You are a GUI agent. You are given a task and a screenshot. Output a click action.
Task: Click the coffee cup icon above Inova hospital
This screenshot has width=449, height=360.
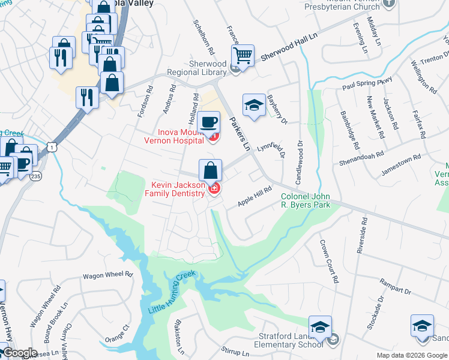tap(209, 122)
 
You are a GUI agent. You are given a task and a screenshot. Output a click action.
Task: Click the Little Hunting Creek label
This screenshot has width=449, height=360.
tap(173, 294)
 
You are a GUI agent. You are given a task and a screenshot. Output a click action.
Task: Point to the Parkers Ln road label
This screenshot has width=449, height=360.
tap(239, 133)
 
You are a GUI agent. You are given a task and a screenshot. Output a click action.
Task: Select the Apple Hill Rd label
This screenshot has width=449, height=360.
tap(255, 196)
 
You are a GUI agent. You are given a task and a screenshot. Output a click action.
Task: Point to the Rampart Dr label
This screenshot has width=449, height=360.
tap(394, 286)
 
